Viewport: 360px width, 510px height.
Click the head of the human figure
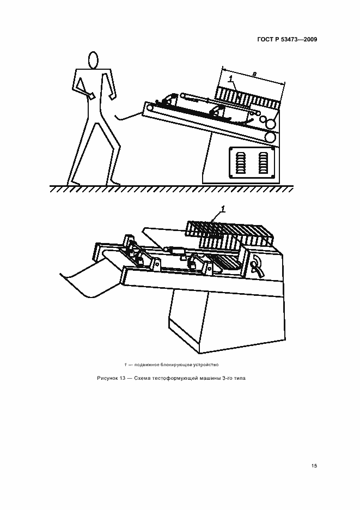93,60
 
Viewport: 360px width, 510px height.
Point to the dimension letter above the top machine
254,75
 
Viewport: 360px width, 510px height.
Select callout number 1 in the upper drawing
230,78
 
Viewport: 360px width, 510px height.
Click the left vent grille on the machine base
241,162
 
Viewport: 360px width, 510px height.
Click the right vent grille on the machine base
263,162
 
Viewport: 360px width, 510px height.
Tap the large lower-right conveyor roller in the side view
270,137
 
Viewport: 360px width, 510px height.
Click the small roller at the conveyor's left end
150,108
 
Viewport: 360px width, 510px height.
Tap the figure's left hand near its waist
91,95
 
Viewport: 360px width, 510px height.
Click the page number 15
314,466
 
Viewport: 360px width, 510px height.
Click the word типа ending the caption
239,378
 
